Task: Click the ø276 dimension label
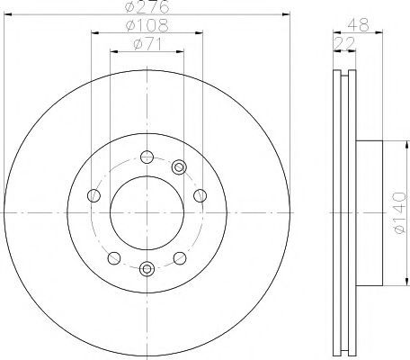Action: point(147,6)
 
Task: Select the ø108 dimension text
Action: point(147,25)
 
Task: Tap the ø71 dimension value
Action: point(147,44)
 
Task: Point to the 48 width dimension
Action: point(358,24)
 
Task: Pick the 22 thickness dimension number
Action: point(344,43)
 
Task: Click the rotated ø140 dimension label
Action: point(400,212)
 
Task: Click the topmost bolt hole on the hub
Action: point(147,157)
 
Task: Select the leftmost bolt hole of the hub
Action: point(94,196)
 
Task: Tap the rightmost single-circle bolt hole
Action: point(200,196)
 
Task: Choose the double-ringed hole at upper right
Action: point(179,167)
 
